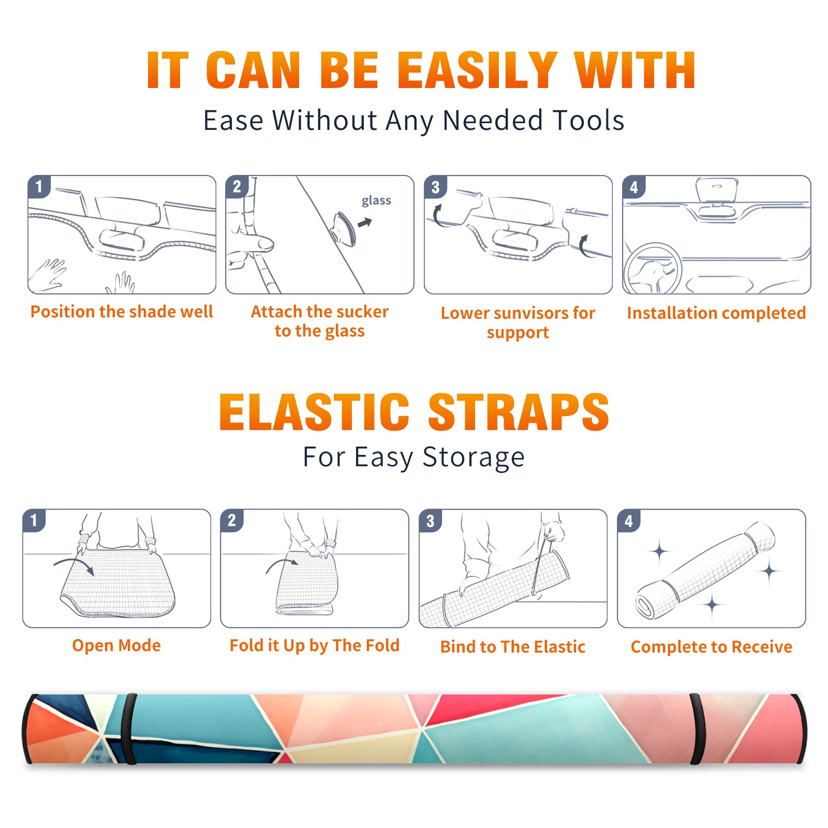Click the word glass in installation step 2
(x=376, y=201)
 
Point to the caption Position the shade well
(x=122, y=312)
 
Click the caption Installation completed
(x=716, y=313)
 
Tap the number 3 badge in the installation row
(x=436, y=187)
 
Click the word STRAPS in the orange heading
(x=519, y=412)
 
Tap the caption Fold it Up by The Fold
(x=315, y=645)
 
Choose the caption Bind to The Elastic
(x=513, y=647)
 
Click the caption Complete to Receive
(x=712, y=647)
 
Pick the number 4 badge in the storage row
(x=629, y=521)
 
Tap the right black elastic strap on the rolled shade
(x=697, y=729)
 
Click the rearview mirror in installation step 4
(x=717, y=191)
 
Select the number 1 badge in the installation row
(x=39, y=186)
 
